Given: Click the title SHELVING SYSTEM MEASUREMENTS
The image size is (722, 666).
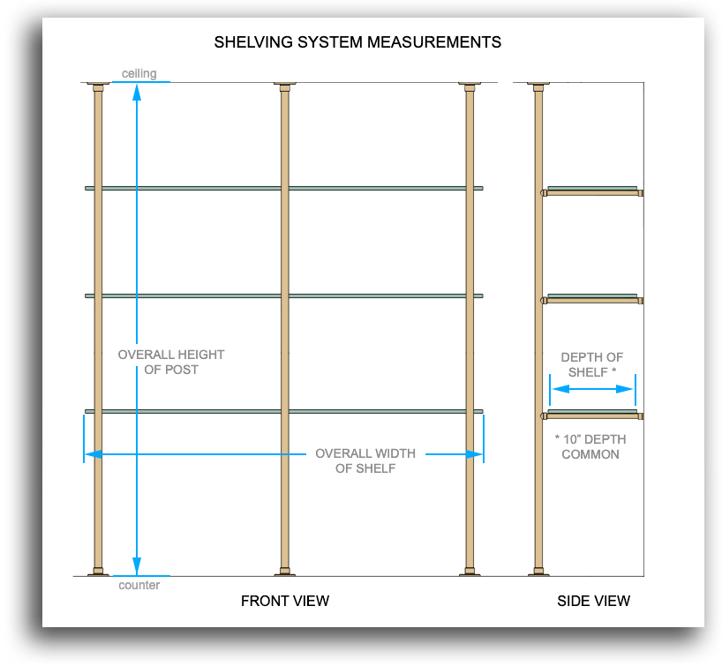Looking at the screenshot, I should click(357, 41).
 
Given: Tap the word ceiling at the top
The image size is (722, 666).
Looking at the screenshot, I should click(139, 73).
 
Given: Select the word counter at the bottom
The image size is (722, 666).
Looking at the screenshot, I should click(139, 585).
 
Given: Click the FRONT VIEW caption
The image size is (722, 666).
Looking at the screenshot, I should click(285, 602).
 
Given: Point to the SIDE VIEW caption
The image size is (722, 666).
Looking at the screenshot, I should click(593, 602).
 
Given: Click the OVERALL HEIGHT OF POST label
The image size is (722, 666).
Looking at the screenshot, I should click(171, 362).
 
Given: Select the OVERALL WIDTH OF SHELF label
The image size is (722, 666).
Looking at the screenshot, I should click(365, 460).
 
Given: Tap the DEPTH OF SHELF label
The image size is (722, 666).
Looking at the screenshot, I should click(592, 364).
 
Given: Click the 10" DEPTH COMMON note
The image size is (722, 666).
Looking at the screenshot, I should click(590, 446).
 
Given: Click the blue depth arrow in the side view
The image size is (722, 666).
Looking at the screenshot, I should click(592, 389).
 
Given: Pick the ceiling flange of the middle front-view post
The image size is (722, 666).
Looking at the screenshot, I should click(285, 86).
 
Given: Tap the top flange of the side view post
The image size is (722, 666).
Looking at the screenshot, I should click(538, 86).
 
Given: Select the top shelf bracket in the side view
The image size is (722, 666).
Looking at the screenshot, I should click(592, 191).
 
